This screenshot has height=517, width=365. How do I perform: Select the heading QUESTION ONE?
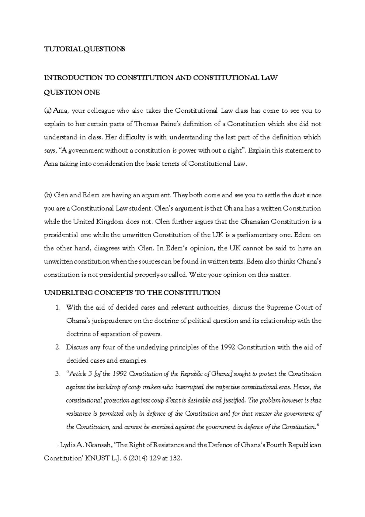tap(72, 93)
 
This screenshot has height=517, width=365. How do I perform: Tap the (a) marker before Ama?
tap(48, 111)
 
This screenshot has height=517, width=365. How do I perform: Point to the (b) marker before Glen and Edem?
tap(48, 195)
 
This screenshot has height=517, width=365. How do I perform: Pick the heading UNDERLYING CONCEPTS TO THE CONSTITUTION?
tap(132, 293)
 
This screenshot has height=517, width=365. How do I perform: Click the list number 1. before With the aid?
tap(58, 308)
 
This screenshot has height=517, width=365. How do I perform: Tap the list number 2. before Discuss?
tap(58, 347)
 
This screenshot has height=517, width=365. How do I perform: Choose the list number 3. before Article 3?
tap(58, 374)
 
